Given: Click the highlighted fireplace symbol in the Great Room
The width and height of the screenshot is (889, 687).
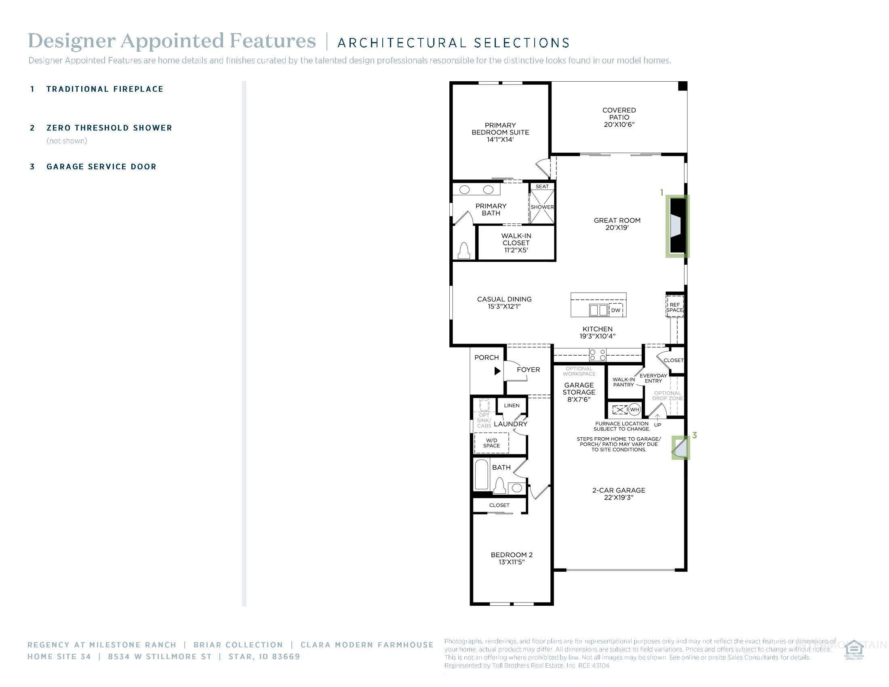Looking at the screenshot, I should (677, 226).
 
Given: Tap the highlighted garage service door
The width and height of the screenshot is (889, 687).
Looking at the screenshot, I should (680, 447).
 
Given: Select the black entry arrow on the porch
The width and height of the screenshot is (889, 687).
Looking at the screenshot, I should (497, 371).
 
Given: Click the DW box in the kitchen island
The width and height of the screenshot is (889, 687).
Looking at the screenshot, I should (616, 310).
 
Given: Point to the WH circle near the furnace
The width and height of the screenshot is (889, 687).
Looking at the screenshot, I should (634, 409).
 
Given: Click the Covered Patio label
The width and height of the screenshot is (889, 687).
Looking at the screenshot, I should (619, 117).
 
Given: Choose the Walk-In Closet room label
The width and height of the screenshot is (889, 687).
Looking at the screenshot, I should (516, 242).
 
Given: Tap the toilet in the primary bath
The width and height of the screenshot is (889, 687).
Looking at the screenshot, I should (464, 250).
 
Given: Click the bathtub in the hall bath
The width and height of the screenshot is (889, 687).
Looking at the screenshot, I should (482, 475).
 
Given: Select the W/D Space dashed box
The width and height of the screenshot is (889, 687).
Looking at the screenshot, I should (491, 443).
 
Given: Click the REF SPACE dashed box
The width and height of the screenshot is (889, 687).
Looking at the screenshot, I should (674, 307).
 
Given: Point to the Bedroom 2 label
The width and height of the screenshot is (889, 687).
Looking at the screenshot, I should (511, 558).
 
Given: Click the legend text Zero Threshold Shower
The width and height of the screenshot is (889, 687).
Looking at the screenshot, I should (109, 128).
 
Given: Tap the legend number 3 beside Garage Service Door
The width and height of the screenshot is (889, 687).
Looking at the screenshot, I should (33, 166).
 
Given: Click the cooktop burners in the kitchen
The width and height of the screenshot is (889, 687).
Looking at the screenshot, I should (597, 355).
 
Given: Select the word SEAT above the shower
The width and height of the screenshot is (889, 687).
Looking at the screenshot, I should (542, 186).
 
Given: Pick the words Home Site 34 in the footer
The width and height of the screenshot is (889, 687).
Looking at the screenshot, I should (59, 656).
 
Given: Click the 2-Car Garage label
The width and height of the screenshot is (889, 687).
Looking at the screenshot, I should (618, 494).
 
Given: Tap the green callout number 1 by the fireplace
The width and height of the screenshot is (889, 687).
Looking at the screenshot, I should (662, 192).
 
